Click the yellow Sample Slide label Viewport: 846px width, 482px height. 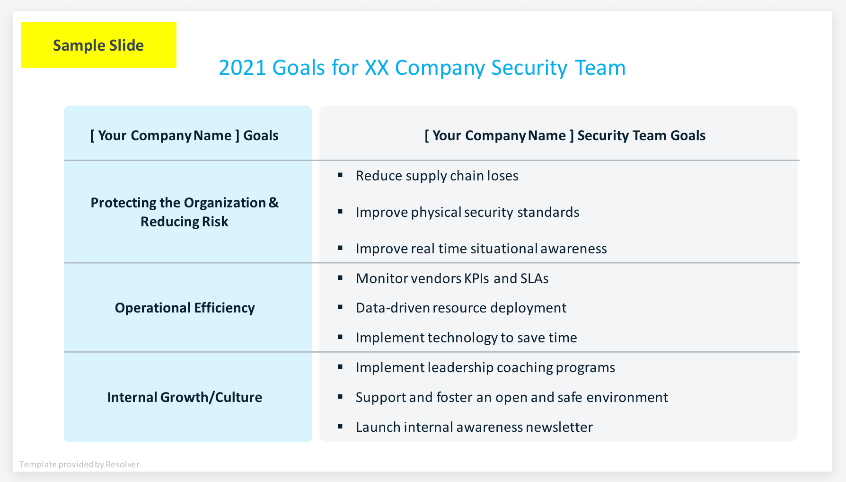click(98, 45)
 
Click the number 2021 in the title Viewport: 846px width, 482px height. click(242, 68)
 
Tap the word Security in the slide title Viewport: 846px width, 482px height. click(529, 68)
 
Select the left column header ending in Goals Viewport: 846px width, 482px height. click(184, 135)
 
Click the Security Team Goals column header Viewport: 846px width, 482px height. click(565, 135)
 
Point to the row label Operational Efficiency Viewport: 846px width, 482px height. click(185, 308)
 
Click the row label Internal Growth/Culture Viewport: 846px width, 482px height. click(185, 397)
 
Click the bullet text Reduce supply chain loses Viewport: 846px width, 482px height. click(437, 176)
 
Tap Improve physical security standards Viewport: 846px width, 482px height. click(467, 212)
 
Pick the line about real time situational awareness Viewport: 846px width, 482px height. click(481, 249)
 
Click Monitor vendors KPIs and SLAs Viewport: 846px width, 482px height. click(452, 278)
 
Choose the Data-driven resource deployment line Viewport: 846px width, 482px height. click(461, 308)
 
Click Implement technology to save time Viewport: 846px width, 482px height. click(466, 338)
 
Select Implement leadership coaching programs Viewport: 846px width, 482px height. click(485, 367)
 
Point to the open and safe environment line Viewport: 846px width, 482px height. click(511, 397)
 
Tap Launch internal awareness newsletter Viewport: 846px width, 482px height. click(474, 427)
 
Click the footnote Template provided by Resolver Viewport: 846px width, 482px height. click(79, 464)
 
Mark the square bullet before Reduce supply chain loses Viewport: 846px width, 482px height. click(340, 175)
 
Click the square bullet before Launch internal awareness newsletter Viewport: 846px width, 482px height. click(340, 427)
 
